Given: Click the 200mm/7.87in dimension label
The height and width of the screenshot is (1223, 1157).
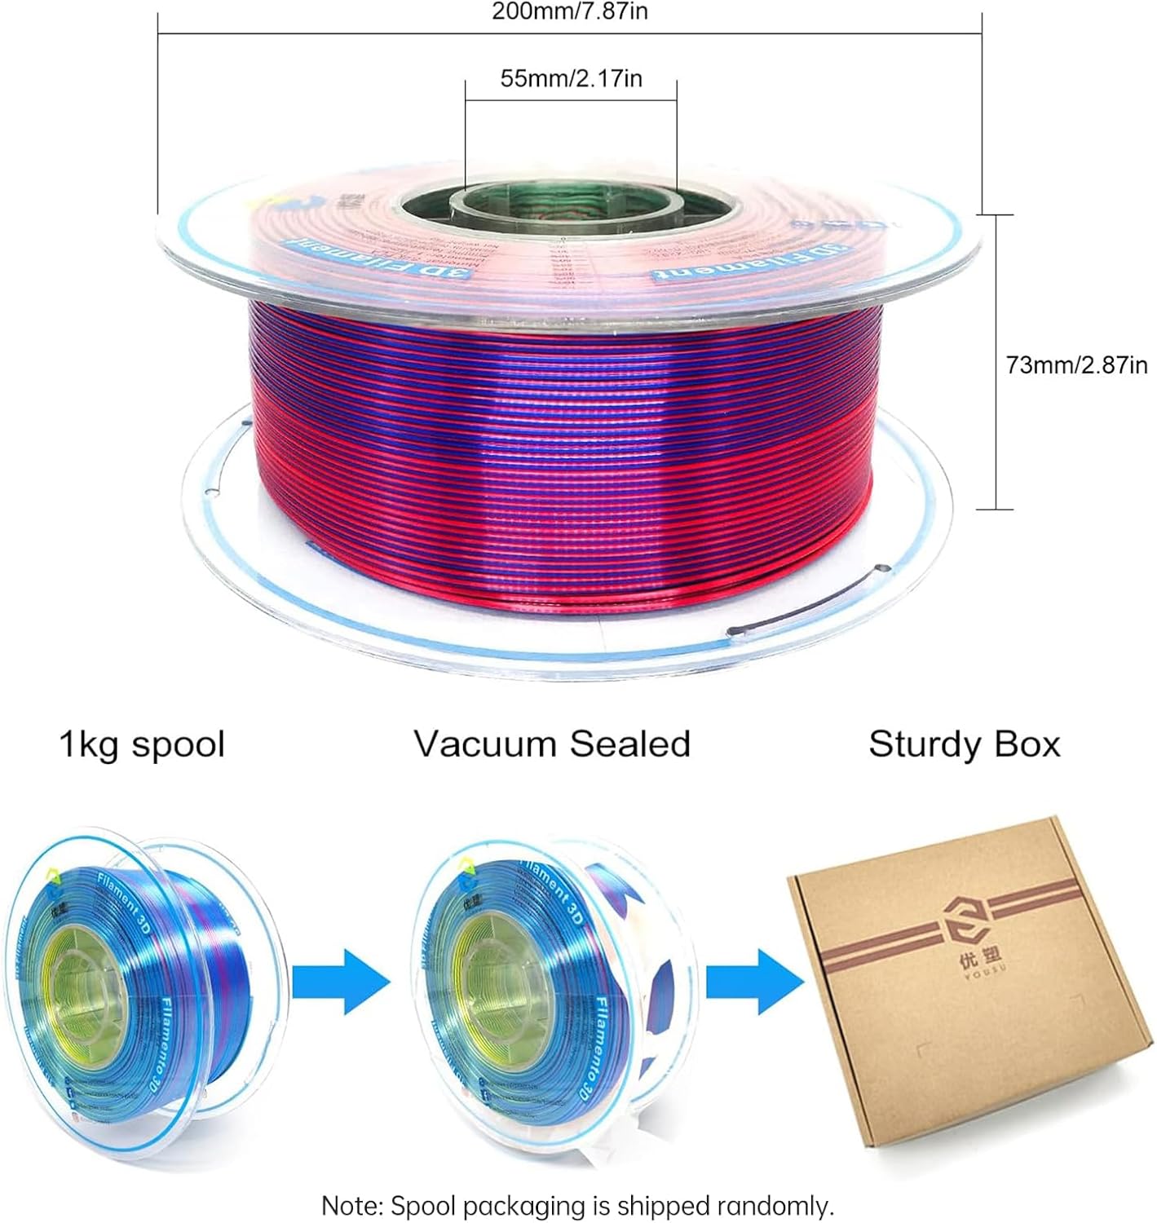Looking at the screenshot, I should [x=570, y=11].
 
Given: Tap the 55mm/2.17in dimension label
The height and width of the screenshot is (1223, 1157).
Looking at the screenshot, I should [x=571, y=78].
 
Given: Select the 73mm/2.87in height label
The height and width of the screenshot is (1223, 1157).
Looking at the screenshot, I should [x=1076, y=364].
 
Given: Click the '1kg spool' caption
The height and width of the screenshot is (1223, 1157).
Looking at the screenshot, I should [x=142, y=744].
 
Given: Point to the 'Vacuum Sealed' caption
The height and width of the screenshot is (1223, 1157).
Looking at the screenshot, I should [x=552, y=744].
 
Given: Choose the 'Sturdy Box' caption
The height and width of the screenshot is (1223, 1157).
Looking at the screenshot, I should [x=964, y=744].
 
